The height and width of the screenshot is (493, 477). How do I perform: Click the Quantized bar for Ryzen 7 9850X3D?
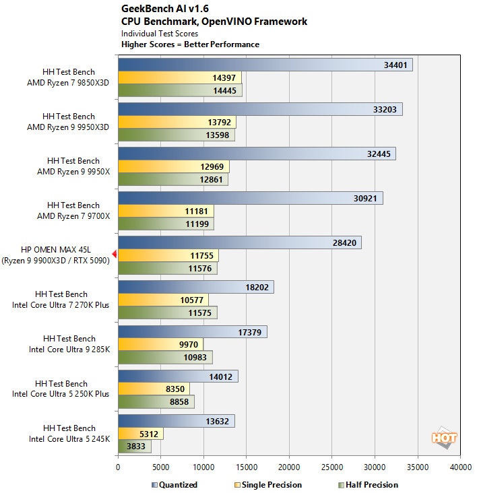pos(265,65)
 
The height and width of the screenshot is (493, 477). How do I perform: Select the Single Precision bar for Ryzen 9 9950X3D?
pos(177,122)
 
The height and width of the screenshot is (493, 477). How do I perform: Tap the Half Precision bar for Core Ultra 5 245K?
pos(135,447)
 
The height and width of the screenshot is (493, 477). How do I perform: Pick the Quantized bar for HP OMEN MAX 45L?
pos(240,242)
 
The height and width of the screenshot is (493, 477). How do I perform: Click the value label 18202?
pos(257,288)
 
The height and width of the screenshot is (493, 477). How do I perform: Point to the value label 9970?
pos(189,345)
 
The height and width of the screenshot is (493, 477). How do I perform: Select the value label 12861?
pos(211,180)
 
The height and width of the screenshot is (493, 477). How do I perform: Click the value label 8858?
pos(179,402)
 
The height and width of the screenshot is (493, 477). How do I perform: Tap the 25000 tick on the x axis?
pos(331,467)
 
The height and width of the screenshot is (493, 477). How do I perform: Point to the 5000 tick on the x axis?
pos(160,467)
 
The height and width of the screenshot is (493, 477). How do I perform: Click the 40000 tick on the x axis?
pos(460,467)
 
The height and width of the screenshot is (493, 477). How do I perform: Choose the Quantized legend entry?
pos(174,485)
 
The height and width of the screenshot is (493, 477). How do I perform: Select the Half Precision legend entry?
pos(369,485)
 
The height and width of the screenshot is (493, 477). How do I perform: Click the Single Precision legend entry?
pos(268,485)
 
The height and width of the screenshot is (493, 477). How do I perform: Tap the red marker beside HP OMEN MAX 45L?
pos(115,254)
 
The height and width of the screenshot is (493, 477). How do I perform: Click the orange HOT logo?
pos(444,437)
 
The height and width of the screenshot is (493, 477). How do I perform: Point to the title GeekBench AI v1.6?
pos(165,9)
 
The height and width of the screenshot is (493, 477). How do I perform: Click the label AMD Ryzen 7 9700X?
pos(73,216)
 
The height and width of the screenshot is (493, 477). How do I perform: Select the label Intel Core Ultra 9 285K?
pos(69,350)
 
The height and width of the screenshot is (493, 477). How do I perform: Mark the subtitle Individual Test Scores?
pos(160,34)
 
